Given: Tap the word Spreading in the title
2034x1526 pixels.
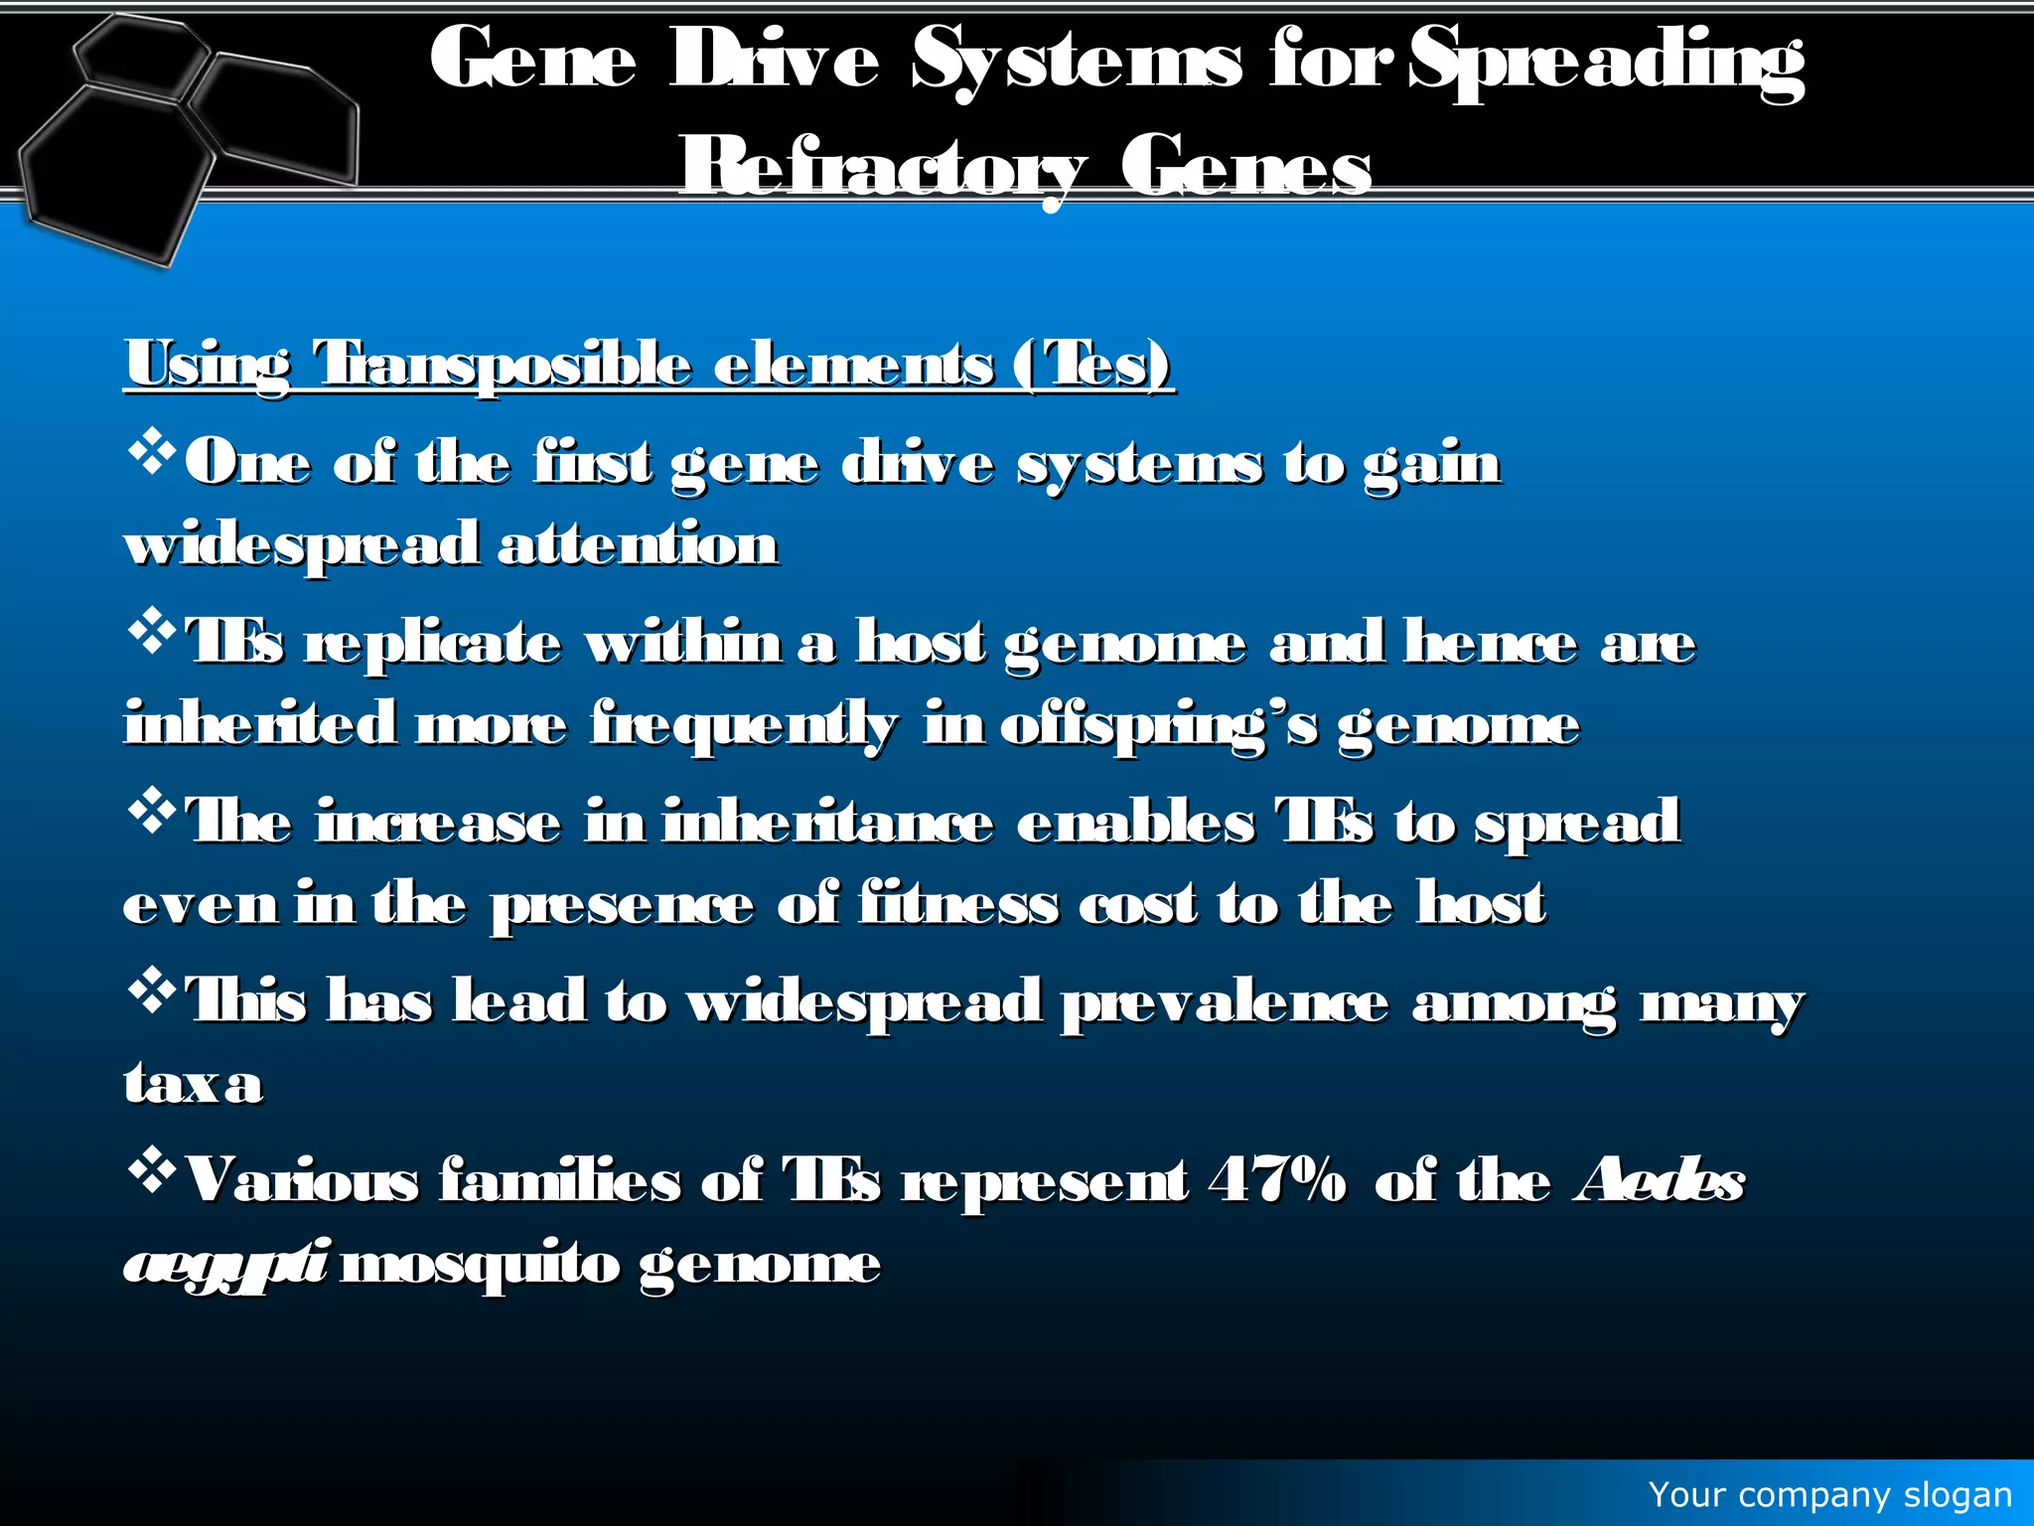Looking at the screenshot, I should tap(1606, 62).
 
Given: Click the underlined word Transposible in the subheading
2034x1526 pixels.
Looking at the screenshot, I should tap(503, 364).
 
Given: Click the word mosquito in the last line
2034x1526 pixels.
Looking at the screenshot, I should tap(480, 1265).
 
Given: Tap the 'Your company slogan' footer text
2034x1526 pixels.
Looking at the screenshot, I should tap(1829, 1494).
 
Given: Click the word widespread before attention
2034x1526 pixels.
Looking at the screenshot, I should tap(302, 545).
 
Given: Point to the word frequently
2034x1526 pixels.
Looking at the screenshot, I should tap(744, 725).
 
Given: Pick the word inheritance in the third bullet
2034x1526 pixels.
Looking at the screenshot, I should tap(827, 823).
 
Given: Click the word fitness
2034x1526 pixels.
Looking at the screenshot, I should tap(958, 904).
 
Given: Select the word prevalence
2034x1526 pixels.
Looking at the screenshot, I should tap(1225, 1002).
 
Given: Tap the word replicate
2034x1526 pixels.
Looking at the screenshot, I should tap(433, 643).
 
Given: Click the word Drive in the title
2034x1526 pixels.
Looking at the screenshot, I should tap(774, 62).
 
